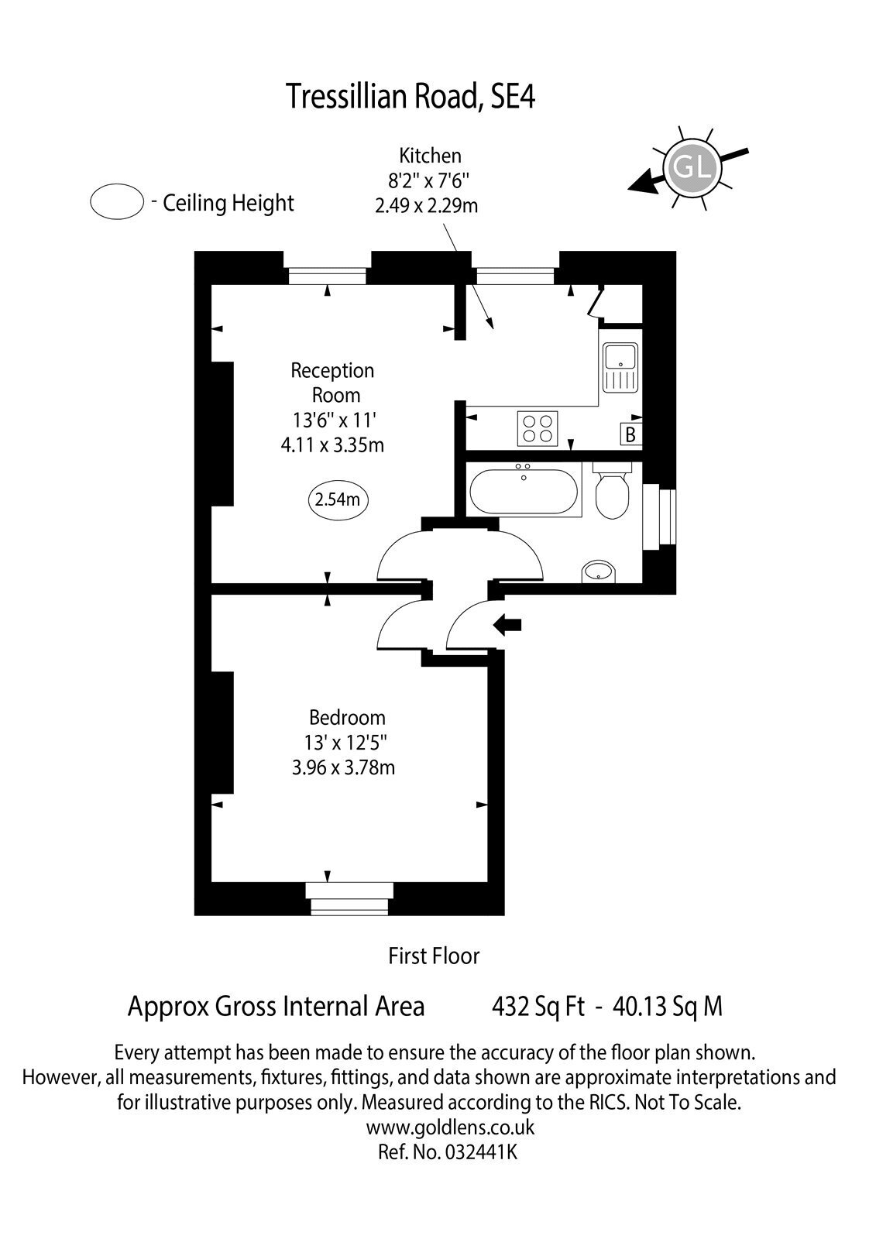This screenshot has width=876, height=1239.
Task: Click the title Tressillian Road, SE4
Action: click(x=410, y=97)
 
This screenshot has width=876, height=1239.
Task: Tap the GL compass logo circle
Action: click(x=692, y=167)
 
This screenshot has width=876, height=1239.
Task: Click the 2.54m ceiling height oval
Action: click(x=338, y=500)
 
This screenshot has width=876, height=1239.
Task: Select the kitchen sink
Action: click(x=620, y=367)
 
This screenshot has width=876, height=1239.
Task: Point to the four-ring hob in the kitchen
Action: click(x=538, y=429)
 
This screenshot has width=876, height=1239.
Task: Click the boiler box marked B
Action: click(x=630, y=434)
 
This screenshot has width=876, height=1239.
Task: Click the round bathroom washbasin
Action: click(x=598, y=571)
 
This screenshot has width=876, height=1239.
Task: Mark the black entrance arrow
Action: click(x=507, y=625)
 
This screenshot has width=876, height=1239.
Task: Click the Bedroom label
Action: click(x=347, y=717)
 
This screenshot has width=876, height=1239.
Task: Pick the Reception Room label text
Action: click(x=333, y=383)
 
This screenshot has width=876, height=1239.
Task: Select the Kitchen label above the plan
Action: click(x=430, y=156)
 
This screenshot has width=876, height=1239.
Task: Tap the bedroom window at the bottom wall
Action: click(x=349, y=899)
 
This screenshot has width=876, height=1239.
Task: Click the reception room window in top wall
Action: click(x=327, y=276)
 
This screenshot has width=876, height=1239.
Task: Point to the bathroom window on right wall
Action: click(x=659, y=517)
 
